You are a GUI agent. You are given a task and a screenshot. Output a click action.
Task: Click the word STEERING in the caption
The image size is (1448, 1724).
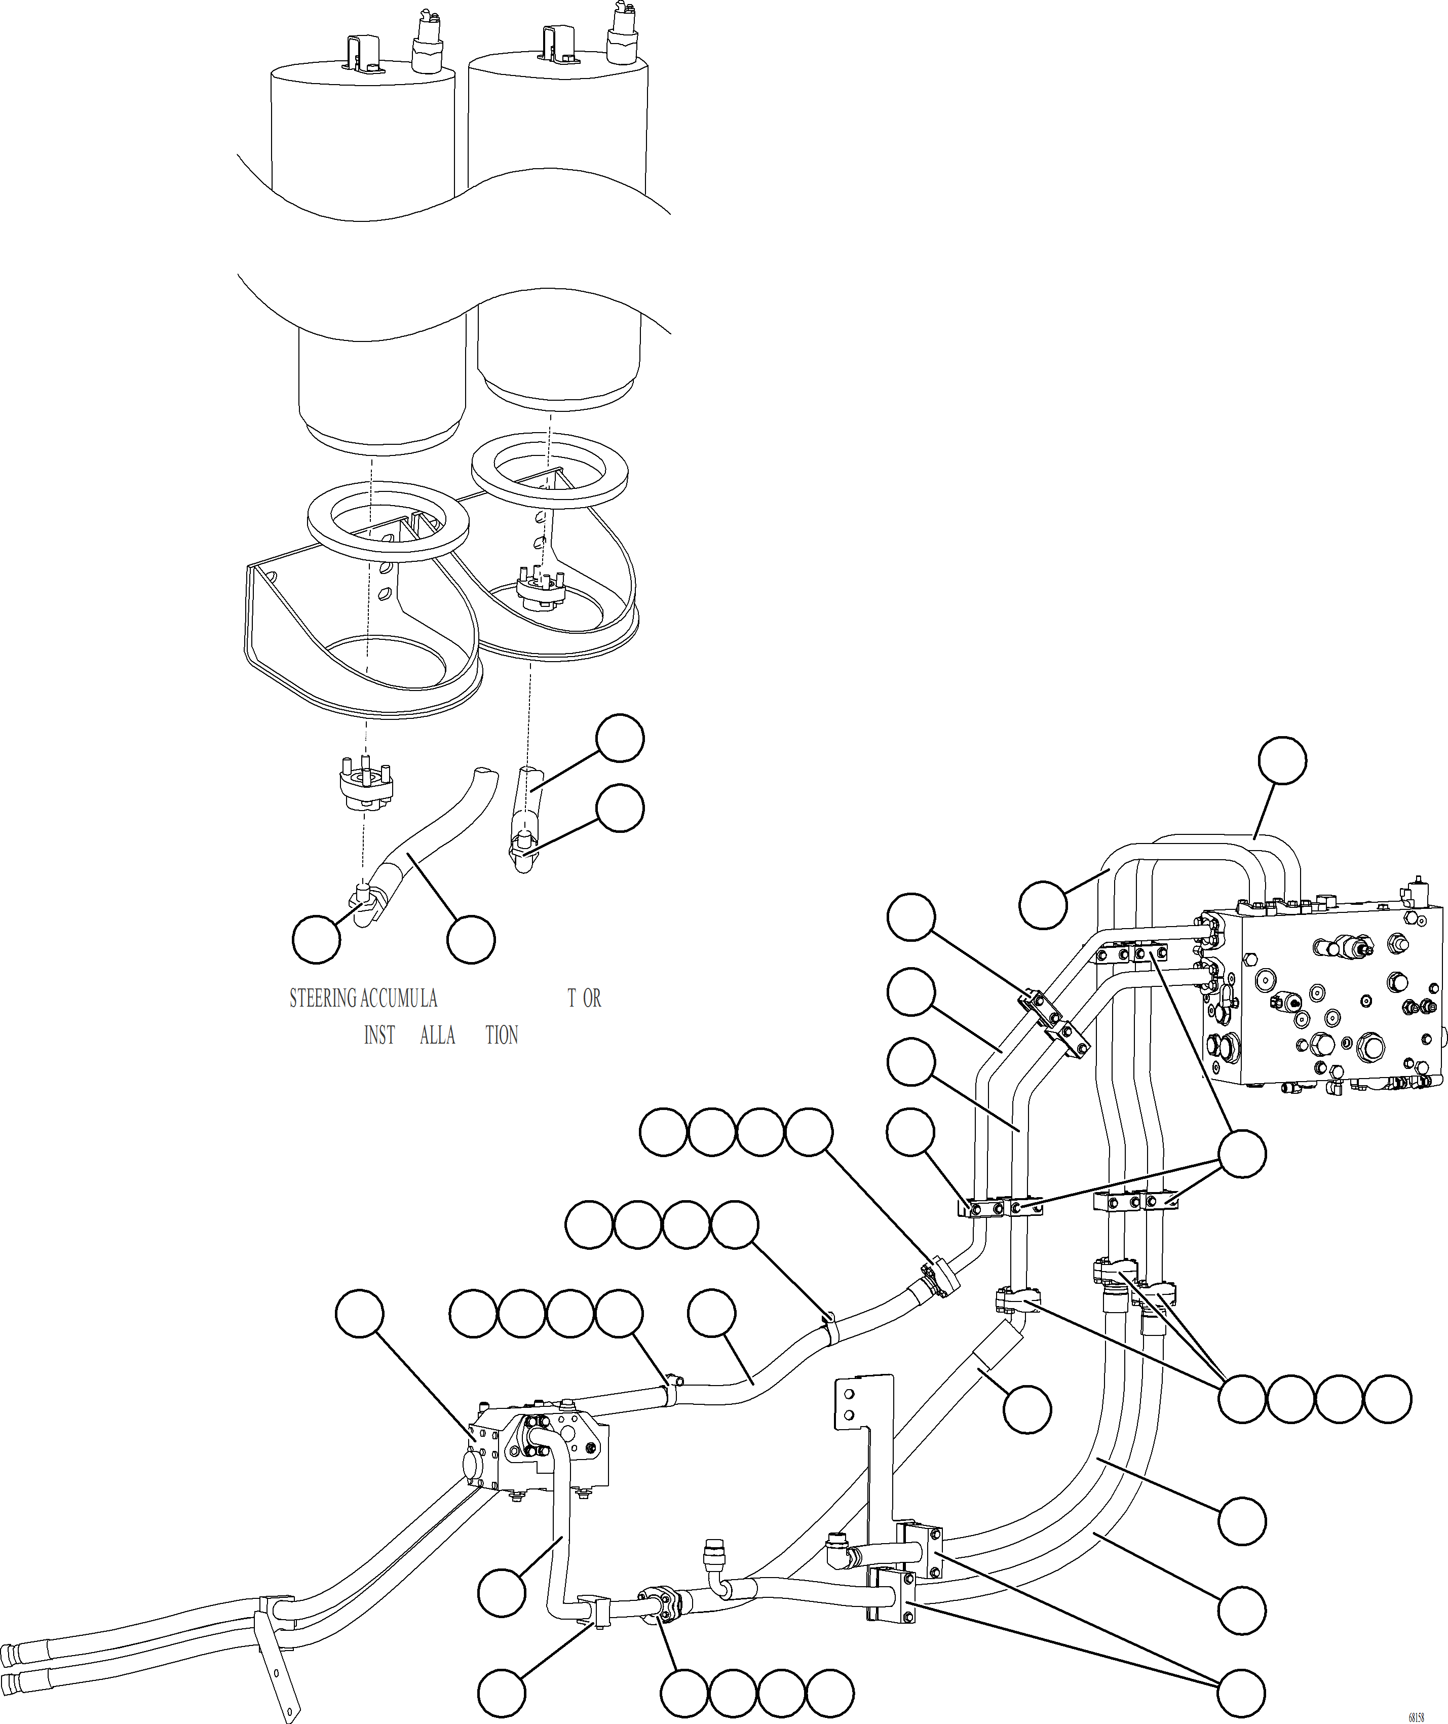323,998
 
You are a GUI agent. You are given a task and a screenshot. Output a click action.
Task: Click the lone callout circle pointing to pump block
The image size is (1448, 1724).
360,1314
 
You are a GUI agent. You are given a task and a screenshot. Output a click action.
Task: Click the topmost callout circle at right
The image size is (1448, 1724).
1283,760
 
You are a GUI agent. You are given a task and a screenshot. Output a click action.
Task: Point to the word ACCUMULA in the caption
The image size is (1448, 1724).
398,998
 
